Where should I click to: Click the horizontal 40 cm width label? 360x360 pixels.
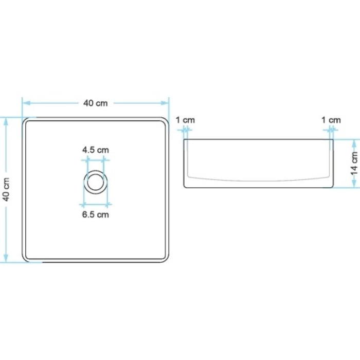click(95, 103)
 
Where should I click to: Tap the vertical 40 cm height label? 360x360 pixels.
click(6, 189)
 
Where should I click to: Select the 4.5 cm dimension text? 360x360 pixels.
click(96, 150)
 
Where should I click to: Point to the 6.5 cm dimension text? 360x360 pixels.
click(96, 214)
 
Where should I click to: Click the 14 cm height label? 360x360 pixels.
click(354, 163)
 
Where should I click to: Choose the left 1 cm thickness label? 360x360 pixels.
click(185, 120)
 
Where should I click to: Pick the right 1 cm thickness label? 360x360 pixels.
click(331, 120)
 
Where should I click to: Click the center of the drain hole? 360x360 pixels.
click(96, 182)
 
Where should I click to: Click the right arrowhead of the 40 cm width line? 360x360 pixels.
click(165, 103)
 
